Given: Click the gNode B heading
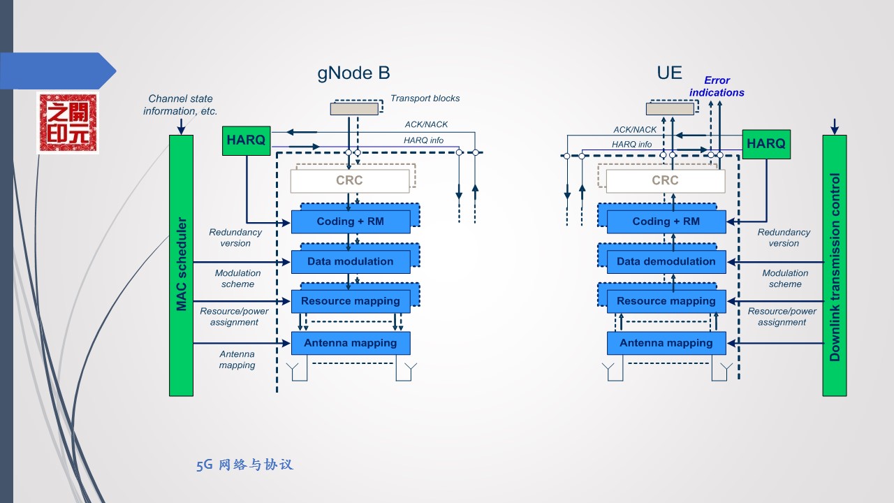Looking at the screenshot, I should click(353, 73).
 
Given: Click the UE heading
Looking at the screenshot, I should click(669, 73).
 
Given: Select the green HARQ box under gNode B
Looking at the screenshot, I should click(246, 140).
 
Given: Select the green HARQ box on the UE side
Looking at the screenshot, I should click(766, 144).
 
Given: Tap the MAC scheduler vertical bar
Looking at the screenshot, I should click(181, 265).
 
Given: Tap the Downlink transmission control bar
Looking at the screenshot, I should click(834, 265).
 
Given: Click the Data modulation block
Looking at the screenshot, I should click(350, 261).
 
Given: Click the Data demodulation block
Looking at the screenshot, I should click(666, 261).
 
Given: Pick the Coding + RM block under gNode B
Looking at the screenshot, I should click(350, 221).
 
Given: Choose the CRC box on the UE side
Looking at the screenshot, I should click(665, 181).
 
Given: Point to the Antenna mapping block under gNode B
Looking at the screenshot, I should click(350, 343).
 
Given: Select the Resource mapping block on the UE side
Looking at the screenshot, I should click(666, 301).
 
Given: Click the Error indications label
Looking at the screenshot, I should click(717, 87).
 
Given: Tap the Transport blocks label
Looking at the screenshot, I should click(425, 99).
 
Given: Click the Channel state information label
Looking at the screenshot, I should click(180, 105).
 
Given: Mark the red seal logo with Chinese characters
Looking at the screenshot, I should click(68, 122).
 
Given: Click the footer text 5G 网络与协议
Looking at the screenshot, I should click(244, 465).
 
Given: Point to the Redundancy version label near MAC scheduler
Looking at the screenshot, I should click(235, 238).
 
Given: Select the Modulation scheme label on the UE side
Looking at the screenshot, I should click(785, 279).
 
